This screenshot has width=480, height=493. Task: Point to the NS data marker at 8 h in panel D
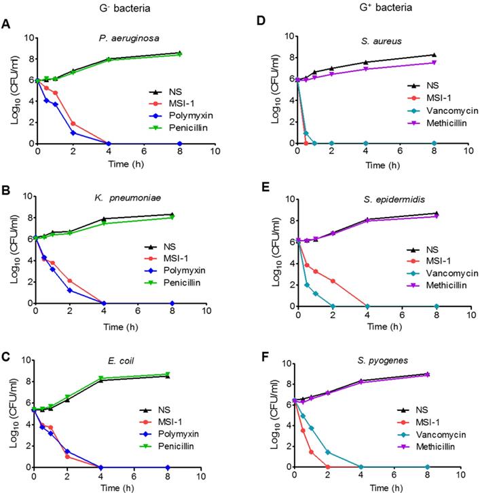click(434, 56)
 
